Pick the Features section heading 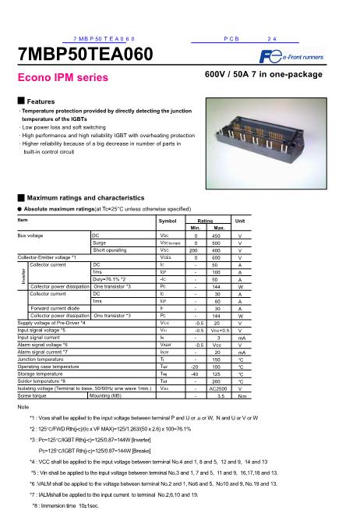point(37,102)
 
